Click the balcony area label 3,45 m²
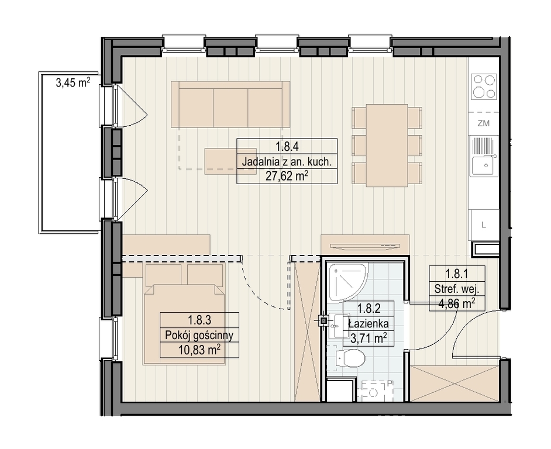coord(73,83)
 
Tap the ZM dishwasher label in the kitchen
coord(484,123)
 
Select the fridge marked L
coord(484,225)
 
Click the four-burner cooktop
coord(484,86)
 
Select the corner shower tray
coord(347,282)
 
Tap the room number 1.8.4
coord(287,146)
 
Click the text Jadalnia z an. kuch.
coord(287,162)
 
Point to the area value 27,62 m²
coord(287,176)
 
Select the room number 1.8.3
coord(199,320)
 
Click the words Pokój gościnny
coord(199,336)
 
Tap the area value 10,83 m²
coord(199,350)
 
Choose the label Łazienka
coord(369,323)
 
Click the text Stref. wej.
coord(457,289)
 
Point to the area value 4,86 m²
coord(457,303)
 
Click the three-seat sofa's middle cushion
coord(230,108)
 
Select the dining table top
coord(387,146)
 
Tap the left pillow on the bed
coord(163,275)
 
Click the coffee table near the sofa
coord(221,161)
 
